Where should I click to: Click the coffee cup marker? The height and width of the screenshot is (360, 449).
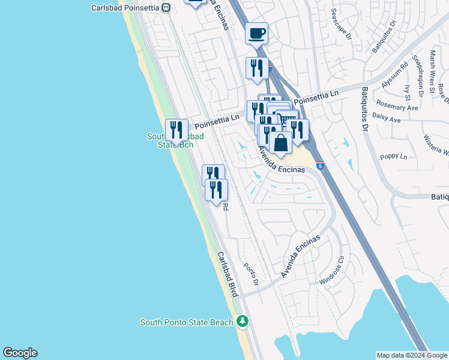[x=257, y=34]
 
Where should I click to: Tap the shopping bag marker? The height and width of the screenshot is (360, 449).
[x=280, y=143]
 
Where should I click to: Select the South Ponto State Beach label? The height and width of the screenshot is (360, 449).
[x=187, y=322]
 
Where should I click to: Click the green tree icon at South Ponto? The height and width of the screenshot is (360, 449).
[x=243, y=322]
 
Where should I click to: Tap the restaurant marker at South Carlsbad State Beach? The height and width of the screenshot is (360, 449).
[x=176, y=130]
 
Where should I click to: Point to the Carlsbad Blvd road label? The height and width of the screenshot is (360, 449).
[x=228, y=274]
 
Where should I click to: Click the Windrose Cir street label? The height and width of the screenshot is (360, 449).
[x=334, y=271]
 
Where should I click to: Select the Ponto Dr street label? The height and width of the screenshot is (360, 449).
[x=252, y=274]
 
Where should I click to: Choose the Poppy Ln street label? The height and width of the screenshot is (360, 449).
[x=394, y=157]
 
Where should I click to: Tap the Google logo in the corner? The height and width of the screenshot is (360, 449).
[x=20, y=353]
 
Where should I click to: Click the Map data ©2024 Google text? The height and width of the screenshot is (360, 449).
[x=412, y=355]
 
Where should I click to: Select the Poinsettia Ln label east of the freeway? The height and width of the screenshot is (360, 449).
[x=316, y=97]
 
